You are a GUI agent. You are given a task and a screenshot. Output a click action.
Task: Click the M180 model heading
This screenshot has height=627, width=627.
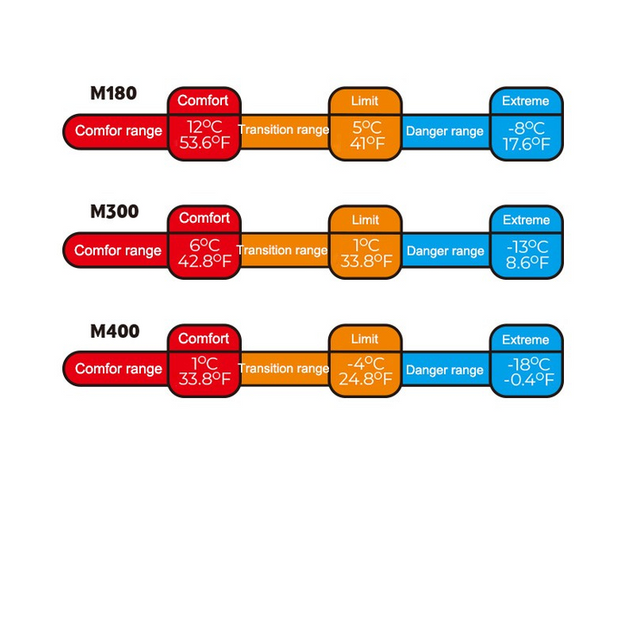click(113, 93)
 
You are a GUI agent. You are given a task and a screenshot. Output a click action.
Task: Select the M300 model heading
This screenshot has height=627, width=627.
click(114, 212)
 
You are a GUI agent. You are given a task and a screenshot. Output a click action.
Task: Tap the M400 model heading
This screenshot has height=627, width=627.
click(114, 331)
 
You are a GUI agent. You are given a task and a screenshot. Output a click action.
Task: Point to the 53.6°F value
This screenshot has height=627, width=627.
click(204, 142)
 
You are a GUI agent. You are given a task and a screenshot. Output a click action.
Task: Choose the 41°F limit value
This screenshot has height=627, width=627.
click(364, 143)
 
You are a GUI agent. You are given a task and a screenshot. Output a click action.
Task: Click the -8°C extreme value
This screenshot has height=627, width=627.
click(526, 128)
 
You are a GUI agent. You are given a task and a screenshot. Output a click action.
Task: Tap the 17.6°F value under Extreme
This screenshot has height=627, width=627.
click(526, 144)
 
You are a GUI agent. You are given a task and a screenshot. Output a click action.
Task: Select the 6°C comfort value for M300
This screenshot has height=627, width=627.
click(204, 245)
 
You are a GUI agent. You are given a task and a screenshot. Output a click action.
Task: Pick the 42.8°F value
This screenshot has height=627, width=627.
click(204, 262)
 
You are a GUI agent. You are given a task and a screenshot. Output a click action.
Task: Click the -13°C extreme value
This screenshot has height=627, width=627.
click(526, 246)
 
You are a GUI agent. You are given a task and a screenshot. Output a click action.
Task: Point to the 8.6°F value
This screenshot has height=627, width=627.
click(526, 262)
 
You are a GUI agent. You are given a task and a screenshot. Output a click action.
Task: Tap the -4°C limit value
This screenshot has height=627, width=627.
click(364, 363)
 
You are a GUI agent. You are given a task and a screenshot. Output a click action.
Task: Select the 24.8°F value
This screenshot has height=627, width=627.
click(364, 378)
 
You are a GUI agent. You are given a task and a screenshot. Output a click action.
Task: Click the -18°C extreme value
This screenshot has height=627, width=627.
click(526, 364)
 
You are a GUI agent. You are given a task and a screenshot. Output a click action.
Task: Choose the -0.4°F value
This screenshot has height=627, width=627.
click(526, 379)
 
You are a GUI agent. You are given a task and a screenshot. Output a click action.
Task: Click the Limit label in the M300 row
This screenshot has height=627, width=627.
click(364, 219)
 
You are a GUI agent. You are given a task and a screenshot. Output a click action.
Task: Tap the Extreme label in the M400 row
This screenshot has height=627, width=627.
click(526, 339)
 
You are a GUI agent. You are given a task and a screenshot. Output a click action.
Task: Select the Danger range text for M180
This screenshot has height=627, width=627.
click(445, 131)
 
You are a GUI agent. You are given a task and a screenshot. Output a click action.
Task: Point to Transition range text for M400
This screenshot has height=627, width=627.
click(283, 369)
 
